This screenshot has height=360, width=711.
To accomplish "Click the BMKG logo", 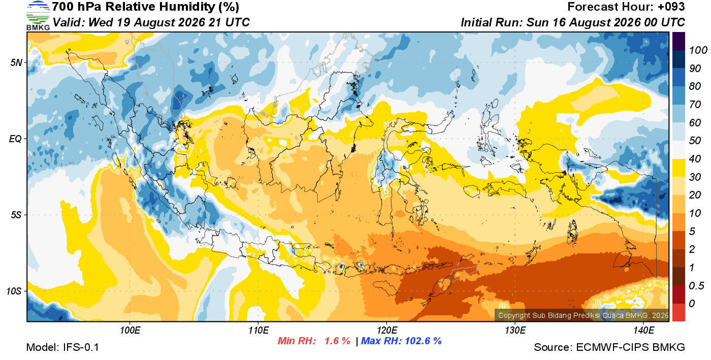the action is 38,16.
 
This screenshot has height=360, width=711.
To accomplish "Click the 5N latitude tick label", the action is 16,62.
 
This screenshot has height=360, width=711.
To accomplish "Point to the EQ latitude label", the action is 15,139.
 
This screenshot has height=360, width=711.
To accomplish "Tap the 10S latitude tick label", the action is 14,291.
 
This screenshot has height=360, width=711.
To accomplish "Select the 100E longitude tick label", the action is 130,330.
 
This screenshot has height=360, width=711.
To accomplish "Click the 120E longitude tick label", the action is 386,330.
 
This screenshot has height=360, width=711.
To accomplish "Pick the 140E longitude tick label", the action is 643,330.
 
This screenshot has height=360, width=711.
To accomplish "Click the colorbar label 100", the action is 698,50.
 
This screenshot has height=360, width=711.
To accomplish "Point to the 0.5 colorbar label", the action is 696,286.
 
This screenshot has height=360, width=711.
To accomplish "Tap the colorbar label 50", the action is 695,141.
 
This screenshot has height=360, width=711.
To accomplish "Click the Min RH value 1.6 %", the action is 337,341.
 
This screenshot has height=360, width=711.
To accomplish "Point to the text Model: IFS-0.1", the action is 62,347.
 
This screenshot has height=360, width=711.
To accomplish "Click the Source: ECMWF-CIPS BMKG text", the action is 609,347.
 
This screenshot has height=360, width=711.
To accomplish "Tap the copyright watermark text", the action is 583,315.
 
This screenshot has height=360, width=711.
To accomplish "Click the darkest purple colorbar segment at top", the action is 678,41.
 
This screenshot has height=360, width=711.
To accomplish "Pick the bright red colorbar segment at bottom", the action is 678,312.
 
